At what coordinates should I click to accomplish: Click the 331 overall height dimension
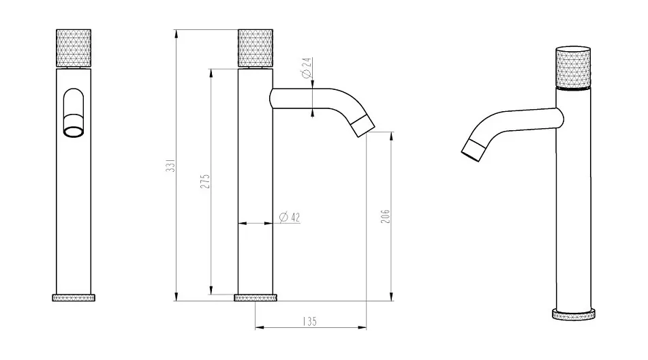(x=170, y=165)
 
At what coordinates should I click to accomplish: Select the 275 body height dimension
(x=205, y=181)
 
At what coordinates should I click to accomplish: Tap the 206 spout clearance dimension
(x=385, y=216)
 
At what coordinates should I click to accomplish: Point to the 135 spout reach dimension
(x=309, y=321)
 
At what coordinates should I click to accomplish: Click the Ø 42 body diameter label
(x=290, y=217)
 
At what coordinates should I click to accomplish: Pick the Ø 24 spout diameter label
(x=307, y=68)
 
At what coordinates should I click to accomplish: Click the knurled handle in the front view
(x=74, y=48)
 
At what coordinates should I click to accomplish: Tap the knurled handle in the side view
(x=256, y=48)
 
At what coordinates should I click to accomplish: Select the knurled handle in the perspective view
(x=573, y=67)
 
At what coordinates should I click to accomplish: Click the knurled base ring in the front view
(x=74, y=297)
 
